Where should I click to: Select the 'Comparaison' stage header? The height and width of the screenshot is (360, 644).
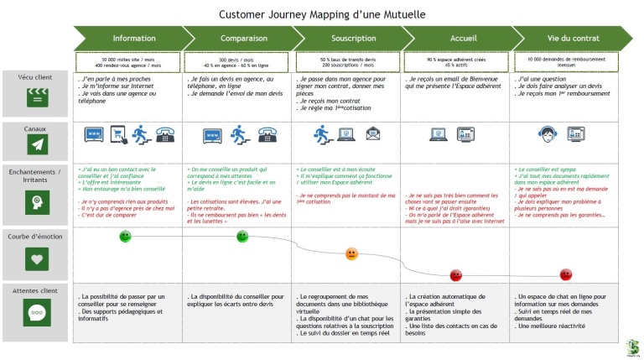point(243,38)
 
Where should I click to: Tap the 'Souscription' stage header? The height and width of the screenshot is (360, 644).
point(353,38)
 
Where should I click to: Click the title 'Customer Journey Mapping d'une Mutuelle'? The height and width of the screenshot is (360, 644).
point(322,14)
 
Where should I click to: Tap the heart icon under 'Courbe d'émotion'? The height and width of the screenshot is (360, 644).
point(36,260)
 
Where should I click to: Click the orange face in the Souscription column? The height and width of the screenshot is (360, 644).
point(351,253)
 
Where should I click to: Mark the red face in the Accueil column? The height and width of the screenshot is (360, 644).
point(456,274)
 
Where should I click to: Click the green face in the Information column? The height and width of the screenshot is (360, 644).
point(125,237)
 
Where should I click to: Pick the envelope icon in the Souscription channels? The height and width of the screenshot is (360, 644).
point(372,133)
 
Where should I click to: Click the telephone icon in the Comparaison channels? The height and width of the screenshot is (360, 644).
point(267,133)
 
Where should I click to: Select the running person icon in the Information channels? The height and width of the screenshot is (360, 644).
point(140,133)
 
